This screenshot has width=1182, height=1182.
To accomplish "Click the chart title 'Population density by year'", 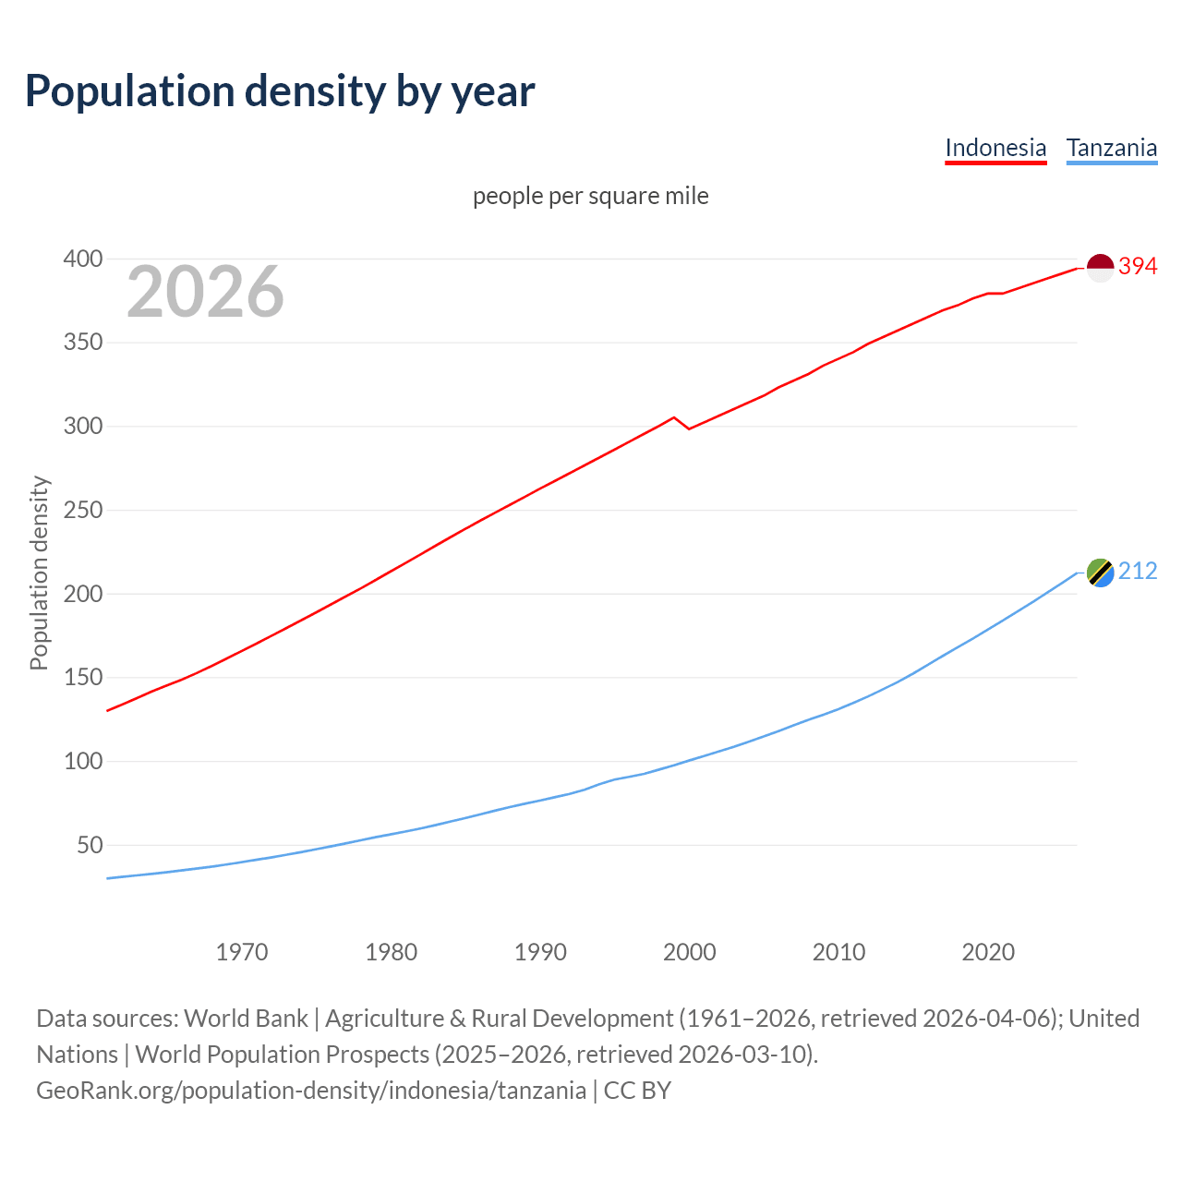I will [280, 90].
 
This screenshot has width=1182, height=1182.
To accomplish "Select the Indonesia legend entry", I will [995, 148].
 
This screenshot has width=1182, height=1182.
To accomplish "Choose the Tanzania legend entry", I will [1112, 148].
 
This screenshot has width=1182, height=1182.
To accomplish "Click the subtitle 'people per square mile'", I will [591, 196].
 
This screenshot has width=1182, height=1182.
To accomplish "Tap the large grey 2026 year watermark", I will [205, 292].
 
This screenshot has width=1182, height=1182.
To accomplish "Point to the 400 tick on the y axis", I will [82, 259].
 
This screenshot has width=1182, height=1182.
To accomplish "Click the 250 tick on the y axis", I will [82, 510].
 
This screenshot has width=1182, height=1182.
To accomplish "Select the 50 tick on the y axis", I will [89, 845].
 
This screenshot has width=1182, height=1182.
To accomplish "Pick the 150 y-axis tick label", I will [82, 678].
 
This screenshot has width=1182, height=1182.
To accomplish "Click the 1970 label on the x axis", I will [242, 952].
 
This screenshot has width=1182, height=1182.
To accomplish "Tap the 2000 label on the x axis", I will [690, 952].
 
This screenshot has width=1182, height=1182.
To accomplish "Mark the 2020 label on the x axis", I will [988, 952].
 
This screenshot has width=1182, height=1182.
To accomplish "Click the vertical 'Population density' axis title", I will [39, 573].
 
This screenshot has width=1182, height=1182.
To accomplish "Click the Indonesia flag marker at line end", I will [1100, 267].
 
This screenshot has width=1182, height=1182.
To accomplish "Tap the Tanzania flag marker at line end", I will [1100, 573].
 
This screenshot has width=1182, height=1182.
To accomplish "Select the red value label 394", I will [1138, 266].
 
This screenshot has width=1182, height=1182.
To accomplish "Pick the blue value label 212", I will [1138, 572].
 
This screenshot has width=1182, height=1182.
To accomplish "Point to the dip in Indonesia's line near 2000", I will [688, 428].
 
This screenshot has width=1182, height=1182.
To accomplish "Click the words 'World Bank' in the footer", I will [246, 1019].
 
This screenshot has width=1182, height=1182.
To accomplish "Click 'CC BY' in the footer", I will [637, 1091].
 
